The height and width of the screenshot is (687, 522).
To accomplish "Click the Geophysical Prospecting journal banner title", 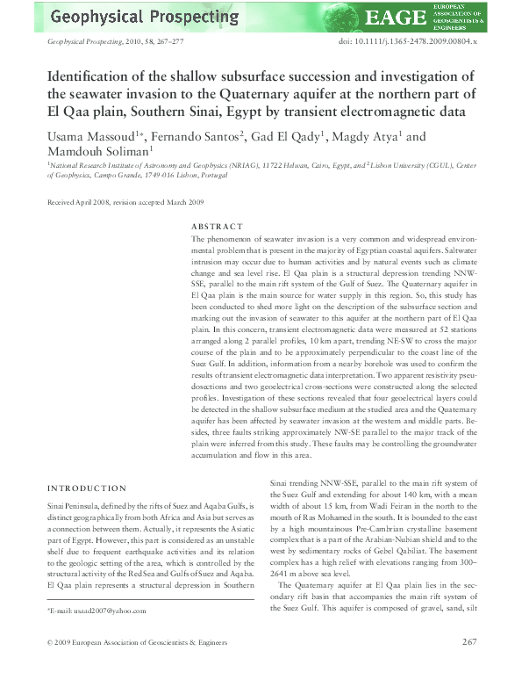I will (x=144, y=17).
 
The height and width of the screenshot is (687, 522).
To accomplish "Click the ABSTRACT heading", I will (x=216, y=226).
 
